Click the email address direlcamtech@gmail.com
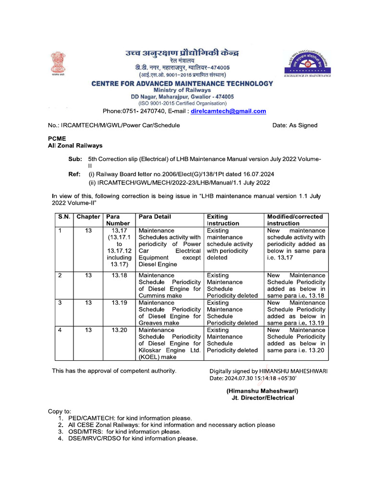(228, 111)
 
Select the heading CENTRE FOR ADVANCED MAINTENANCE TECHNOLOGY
(182, 84)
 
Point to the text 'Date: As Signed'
(295, 125)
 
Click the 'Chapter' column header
(88, 217)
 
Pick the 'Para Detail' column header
(155, 217)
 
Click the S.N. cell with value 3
(60, 303)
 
